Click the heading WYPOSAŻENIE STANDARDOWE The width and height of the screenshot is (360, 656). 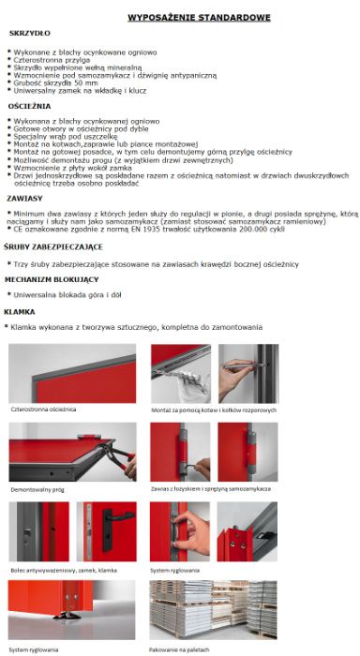(199, 18)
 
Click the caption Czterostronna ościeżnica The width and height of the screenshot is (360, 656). (44, 410)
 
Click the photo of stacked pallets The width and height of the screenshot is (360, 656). (212, 610)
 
